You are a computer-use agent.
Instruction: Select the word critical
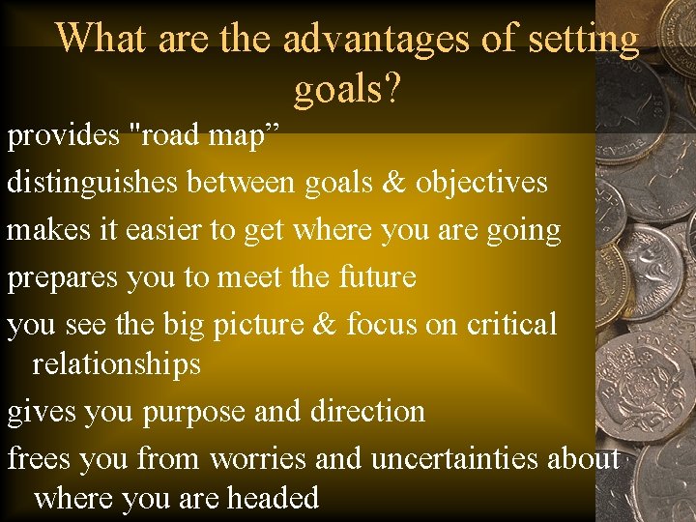point(511,324)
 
